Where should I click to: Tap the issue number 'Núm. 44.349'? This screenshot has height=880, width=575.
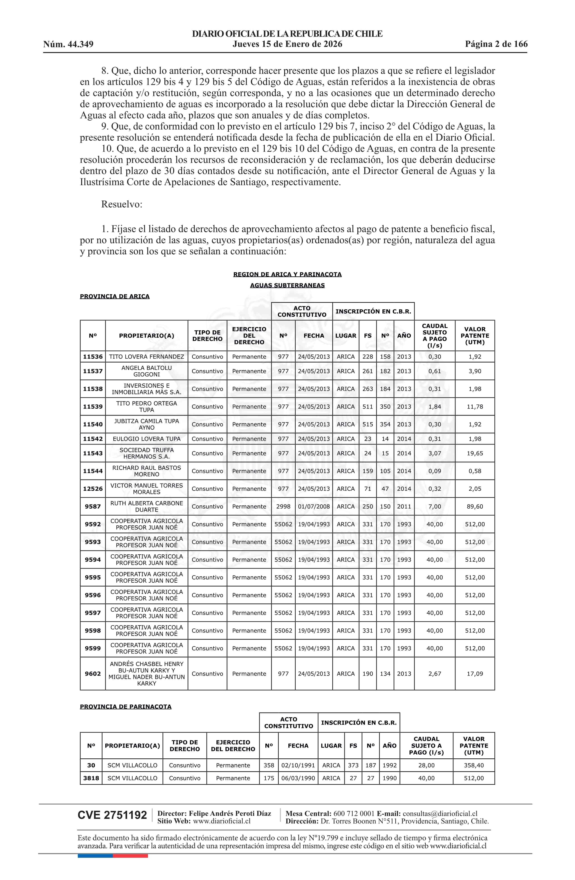68,44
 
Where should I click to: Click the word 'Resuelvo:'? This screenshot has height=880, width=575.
122,204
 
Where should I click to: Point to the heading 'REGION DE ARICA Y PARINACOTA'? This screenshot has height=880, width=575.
287,274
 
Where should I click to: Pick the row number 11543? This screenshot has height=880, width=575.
93,453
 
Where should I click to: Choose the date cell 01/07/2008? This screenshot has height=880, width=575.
314,507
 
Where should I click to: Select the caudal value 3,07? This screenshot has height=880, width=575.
435,453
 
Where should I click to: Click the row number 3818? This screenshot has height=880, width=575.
91,778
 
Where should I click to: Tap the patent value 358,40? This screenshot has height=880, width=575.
474,765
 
